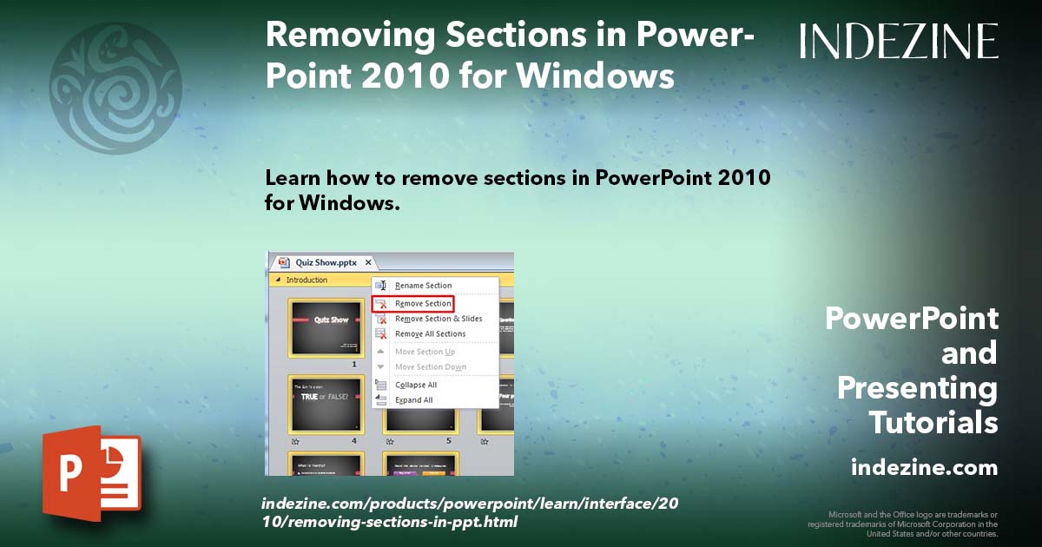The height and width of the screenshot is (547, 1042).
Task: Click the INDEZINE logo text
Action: click(899, 42)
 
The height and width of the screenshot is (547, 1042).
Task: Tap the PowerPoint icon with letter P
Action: click(91, 473)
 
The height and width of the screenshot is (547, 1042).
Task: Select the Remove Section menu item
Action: click(423, 304)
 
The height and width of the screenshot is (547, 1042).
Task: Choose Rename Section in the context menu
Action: click(423, 286)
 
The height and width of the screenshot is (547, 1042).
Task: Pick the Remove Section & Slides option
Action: click(438, 319)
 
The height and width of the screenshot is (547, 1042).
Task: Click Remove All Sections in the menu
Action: click(430, 334)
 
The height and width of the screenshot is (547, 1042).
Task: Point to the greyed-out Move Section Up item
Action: click(425, 352)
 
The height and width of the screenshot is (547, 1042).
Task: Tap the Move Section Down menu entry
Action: click(430, 367)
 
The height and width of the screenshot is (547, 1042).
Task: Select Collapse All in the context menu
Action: click(416, 385)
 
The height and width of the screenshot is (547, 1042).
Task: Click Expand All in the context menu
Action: click(414, 400)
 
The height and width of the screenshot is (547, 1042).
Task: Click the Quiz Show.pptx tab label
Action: click(326, 262)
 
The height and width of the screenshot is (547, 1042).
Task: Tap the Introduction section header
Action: click(307, 280)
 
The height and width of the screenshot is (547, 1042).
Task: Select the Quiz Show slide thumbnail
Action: click(326, 327)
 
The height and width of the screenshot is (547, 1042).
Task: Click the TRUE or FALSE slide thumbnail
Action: click(326, 404)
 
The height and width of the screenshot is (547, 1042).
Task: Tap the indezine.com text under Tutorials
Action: click(924, 468)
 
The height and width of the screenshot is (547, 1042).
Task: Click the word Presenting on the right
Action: click(917, 388)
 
